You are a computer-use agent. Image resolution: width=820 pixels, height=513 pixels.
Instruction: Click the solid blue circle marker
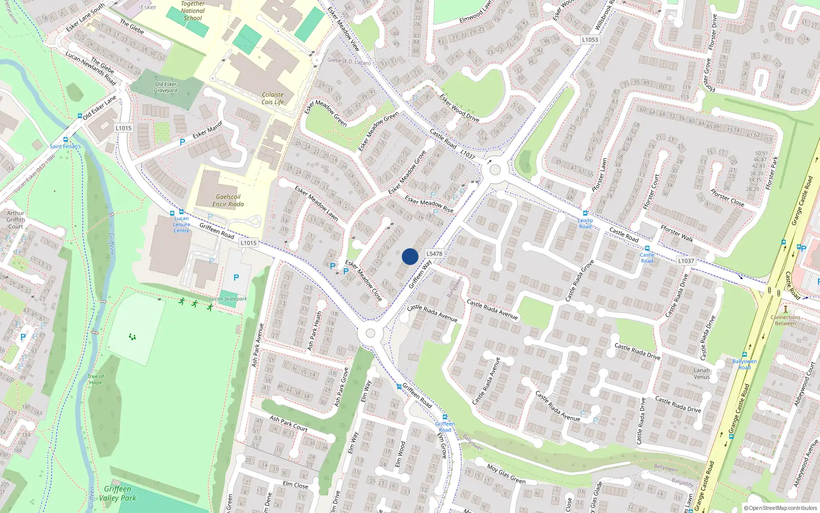(x=410, y=256)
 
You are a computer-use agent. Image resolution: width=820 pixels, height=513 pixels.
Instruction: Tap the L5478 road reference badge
(x=434, y=253)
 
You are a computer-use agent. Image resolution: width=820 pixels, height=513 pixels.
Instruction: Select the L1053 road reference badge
(x=590, y=40)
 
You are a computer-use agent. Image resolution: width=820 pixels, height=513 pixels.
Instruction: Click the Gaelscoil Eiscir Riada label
(x=228, y=201)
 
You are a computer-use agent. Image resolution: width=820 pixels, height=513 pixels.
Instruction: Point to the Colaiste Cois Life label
(x=273, y=98)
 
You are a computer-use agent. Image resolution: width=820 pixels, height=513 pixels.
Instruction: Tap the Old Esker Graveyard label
(x=166, y=87)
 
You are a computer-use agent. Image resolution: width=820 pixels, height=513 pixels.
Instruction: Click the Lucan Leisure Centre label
(x=181, y=224)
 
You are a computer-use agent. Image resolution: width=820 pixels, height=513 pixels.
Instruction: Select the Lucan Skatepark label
(x=228, y=299)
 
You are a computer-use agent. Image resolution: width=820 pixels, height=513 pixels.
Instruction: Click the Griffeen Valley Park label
(x=117, y=493)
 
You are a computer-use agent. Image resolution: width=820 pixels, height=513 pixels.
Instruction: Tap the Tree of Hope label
(x=96, y=379)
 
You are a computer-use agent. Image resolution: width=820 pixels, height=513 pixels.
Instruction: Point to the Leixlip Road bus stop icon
(x=585, y=213)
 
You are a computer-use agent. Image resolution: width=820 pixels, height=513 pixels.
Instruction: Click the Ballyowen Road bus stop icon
(x=744, y=354)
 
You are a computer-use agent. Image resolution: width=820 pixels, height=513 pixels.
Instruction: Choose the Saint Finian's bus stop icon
(x=66, y=140)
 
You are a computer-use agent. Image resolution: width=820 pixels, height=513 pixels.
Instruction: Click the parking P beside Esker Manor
(x=182, y=142)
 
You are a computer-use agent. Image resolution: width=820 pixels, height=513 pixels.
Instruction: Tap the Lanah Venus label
(x=702, y=373)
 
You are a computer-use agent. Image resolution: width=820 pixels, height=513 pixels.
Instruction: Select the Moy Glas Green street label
(x=506, y=474)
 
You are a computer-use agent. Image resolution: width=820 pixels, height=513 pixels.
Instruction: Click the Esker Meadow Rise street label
(x=429, y=204)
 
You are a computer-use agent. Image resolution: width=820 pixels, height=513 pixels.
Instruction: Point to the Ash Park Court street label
(x=289, y=423)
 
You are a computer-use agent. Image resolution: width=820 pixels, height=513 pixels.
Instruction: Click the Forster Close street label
(x=727, y=198)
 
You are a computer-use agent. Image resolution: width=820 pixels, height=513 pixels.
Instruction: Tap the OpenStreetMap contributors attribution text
(x=781, y=508)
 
